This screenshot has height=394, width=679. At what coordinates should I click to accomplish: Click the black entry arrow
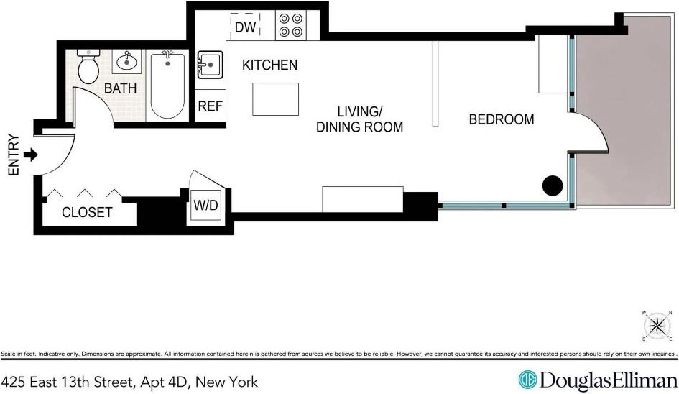pos(31,155)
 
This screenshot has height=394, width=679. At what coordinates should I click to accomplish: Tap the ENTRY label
pos(12,155)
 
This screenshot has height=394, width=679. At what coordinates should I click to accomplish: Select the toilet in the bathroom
pos(89,68)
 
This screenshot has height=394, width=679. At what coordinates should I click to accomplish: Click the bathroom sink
pos(128,62)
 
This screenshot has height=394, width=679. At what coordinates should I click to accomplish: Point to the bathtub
pos(167,85)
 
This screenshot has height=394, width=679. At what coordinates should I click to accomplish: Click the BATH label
pos(118,88)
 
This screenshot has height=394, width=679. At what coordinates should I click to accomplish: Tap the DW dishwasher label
pos(245,27)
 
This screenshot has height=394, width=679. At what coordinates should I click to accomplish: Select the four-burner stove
pos(291,26)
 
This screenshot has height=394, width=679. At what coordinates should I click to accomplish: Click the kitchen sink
pos(210,66)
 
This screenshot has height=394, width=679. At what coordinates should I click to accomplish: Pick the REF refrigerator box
pos(211,106)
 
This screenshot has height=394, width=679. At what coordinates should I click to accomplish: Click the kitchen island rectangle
pos(276,98)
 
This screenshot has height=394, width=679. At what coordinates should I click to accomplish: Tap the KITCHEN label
pos(269,65)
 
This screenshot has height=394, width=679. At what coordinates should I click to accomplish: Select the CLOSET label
pos(87,212)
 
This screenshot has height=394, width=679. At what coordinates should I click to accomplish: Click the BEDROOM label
pos(502,119)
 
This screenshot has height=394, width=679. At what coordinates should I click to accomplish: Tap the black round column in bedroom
pos(552,185)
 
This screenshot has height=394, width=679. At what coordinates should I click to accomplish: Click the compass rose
pos(656,326)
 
